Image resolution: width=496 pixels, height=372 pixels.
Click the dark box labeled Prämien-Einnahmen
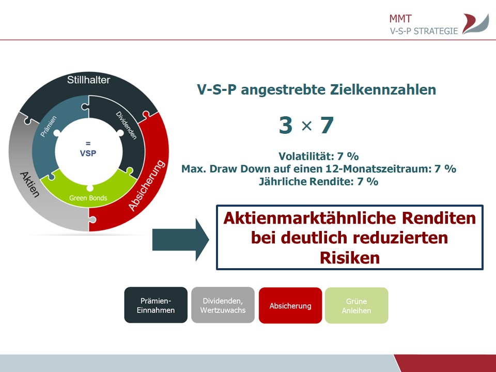click(156, 305)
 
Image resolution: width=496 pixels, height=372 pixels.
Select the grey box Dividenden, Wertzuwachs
click(223, 305)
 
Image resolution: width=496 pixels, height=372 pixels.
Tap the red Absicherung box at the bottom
click(290, 305)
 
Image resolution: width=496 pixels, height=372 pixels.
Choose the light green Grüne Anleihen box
click(357, 305)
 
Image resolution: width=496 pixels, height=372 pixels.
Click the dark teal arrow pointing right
click(181, 240)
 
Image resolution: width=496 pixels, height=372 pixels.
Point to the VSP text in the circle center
click(88, 153)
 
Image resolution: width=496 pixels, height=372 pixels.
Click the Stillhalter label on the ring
click(88, 80)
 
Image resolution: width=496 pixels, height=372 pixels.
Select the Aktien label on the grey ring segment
click(30, 184)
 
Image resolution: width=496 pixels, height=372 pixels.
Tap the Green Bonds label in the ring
click(88, 198)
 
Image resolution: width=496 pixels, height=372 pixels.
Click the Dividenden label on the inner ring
click(126, 126)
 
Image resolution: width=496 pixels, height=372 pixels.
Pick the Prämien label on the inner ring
click(49, 126)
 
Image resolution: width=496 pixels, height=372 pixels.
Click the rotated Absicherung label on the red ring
click(147, 185)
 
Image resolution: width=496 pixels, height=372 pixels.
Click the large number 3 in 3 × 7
click(285, 125)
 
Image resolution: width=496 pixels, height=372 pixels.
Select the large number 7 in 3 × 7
click(327, 125)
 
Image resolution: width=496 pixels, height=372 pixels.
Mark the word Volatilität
click(302, 156)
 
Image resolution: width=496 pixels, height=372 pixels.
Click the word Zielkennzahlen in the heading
click(383, 89)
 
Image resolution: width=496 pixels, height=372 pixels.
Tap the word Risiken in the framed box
click(350, 257)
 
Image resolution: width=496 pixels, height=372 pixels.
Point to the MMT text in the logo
click(400, 19)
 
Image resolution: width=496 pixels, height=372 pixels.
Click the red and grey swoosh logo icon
click(476, 24)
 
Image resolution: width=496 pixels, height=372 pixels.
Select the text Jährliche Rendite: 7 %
click(319, 181)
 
